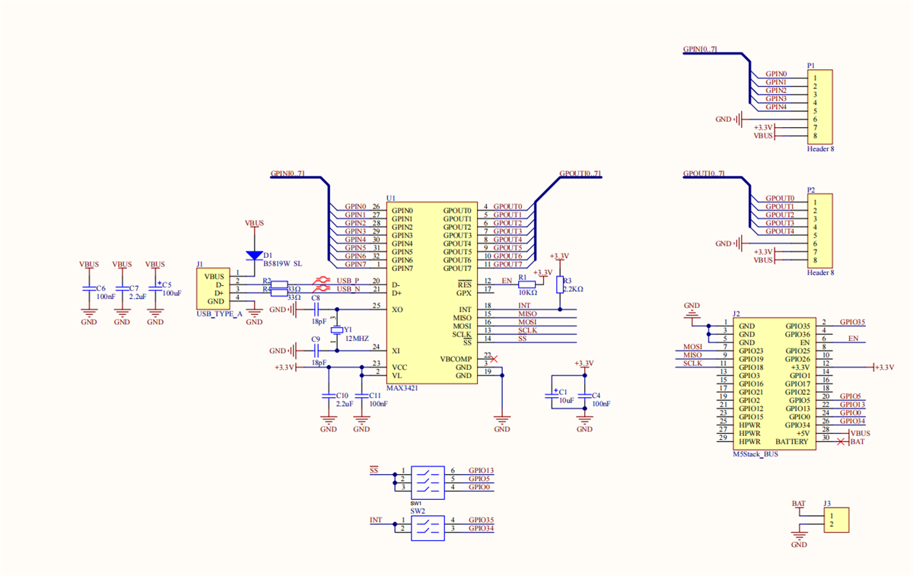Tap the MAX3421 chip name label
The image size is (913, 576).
[402, 388]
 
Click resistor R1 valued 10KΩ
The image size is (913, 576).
[527, 282]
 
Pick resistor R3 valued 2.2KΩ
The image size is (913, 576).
[559, 285]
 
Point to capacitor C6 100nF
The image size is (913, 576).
[89, 289]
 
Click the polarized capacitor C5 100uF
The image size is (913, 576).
[155, 289]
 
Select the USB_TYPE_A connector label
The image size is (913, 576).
[219, 313]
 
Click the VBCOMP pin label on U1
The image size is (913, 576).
[455, 358]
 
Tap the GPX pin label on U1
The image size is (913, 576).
[463, 293]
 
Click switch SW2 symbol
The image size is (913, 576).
[427, 524]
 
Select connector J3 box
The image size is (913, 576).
[835, 520]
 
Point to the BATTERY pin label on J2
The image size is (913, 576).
[792, 442]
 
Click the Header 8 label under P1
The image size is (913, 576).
[820, 149]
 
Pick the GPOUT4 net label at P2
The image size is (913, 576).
[780, 231]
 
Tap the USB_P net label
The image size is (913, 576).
[348, 281]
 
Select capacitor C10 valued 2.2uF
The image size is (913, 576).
[329, 398]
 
